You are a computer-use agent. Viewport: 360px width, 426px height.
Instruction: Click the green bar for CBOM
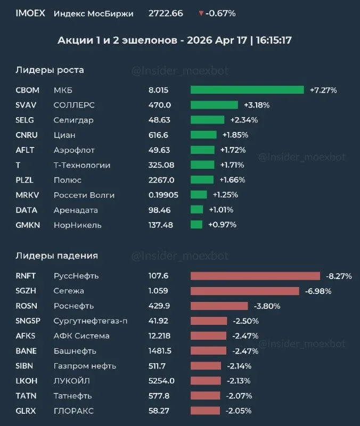[247, 90]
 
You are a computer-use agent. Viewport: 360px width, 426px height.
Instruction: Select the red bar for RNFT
[255, 276]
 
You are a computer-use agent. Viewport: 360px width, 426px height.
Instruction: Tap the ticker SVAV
[26, 105]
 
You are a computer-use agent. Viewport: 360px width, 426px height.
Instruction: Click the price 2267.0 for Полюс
[161, 180]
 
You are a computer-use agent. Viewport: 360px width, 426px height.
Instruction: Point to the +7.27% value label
[323, 90]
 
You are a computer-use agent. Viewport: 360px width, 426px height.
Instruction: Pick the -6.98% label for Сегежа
[318, 291]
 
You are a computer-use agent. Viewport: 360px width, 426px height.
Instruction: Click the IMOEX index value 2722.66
[166, 13]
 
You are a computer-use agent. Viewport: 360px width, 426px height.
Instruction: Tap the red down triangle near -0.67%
[201, 13]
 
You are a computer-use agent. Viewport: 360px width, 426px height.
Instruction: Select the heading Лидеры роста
[50, 70]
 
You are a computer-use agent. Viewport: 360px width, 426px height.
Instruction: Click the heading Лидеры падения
[56, 256]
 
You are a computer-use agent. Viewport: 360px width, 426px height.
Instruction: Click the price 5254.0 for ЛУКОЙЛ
[161, 381]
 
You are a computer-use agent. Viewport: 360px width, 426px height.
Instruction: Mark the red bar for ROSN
[219, 306]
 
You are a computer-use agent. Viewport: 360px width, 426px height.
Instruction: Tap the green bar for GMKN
[197, 225]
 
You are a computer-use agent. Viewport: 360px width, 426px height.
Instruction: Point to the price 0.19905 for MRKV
[163, 195]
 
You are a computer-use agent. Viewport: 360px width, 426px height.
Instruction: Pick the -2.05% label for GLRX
[239, 411]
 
